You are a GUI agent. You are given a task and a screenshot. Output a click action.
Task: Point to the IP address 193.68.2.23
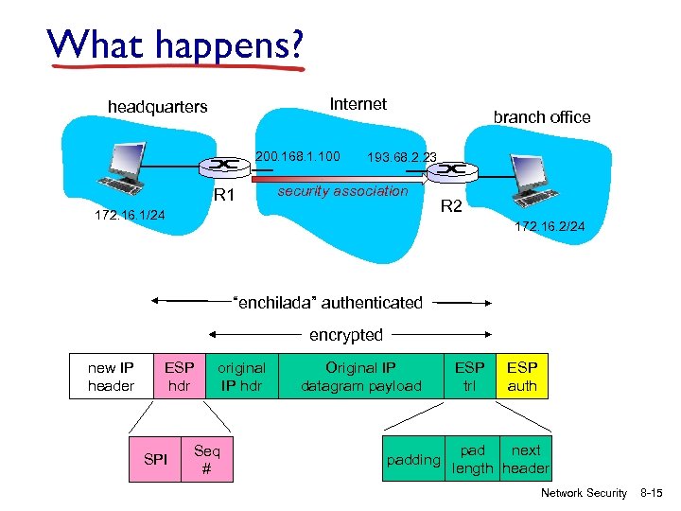click(x=402, y=156)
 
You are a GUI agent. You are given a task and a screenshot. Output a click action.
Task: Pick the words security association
click(x=342, y=191)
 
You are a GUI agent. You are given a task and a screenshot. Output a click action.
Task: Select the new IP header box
click(x=111, y=377)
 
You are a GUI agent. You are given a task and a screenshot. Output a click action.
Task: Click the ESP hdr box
click(x=179, y=377)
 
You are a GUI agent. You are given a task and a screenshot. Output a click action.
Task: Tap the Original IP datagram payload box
click(x=361, y=377)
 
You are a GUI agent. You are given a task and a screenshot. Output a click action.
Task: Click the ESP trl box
click(x=470, y=377)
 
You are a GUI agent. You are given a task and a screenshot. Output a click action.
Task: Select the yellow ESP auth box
click(x=522, y=377)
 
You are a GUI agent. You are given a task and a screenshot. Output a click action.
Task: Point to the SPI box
click(x=155, y=459)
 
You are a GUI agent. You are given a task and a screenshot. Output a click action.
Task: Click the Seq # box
click(x=207, y=459)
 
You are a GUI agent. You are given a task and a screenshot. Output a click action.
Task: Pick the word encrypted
click(x=346, y=335)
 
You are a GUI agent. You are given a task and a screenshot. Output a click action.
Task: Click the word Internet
click(x=358, y=104)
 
